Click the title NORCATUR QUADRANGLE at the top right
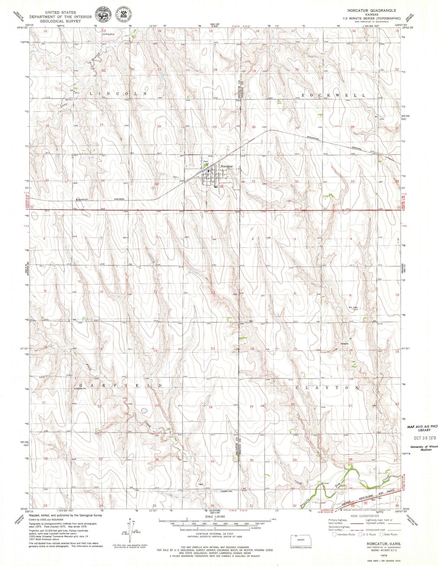tap(372, 10)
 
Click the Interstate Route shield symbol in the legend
tap(334, 534)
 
